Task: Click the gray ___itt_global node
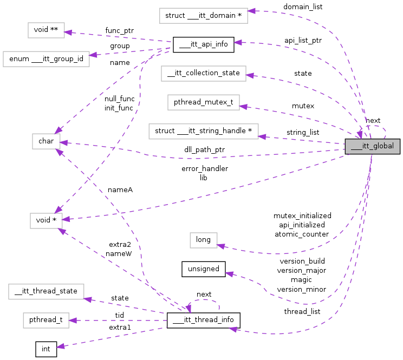[373, 146]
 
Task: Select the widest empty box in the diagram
[204, 132]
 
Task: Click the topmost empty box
[204, 16]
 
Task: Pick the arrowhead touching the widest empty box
[262, 136]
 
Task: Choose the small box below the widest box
[204, 240]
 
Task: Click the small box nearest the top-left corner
[46, 30]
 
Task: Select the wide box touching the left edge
[46, 59]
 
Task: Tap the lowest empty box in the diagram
[46, 320]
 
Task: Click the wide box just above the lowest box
[46, 292]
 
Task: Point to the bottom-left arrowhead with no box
[60, 346]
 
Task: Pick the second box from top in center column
[204, 74]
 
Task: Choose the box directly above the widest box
[204, 102]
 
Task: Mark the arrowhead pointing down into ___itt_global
[360, 135]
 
